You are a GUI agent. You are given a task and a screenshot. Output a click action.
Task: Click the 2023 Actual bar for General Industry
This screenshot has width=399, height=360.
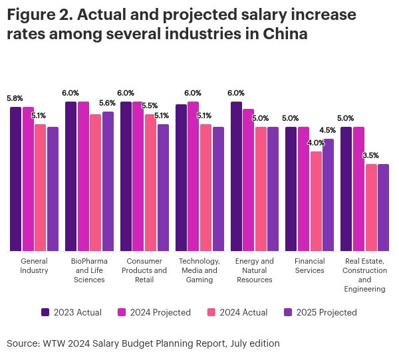point(15,179)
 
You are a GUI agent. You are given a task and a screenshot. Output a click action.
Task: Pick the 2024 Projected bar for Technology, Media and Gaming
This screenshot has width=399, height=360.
point(193,176)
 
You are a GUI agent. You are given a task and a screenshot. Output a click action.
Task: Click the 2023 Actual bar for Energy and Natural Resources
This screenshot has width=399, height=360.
point(236,176)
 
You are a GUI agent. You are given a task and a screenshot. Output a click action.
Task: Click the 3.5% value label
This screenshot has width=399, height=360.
point(370,155)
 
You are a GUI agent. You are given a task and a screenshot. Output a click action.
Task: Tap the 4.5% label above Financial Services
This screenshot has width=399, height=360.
point(327,130)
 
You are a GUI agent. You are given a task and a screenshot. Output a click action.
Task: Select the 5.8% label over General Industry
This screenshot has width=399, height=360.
point(15,98)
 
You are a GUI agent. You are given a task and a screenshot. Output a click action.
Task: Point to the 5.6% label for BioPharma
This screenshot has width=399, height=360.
point(107,103)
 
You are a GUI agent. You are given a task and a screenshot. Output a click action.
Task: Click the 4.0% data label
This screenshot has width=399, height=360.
point(316,143)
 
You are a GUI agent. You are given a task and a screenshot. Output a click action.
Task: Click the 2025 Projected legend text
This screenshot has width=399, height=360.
point(327,312)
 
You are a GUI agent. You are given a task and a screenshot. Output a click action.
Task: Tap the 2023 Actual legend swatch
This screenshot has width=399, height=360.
point(45,312)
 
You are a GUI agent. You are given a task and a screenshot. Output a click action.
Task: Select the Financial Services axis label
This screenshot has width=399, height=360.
point(309,266)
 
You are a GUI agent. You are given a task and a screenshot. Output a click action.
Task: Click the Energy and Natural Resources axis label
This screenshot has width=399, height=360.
point(254,270)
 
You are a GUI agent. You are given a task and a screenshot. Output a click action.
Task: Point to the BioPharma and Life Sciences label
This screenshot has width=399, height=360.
point(89,270)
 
